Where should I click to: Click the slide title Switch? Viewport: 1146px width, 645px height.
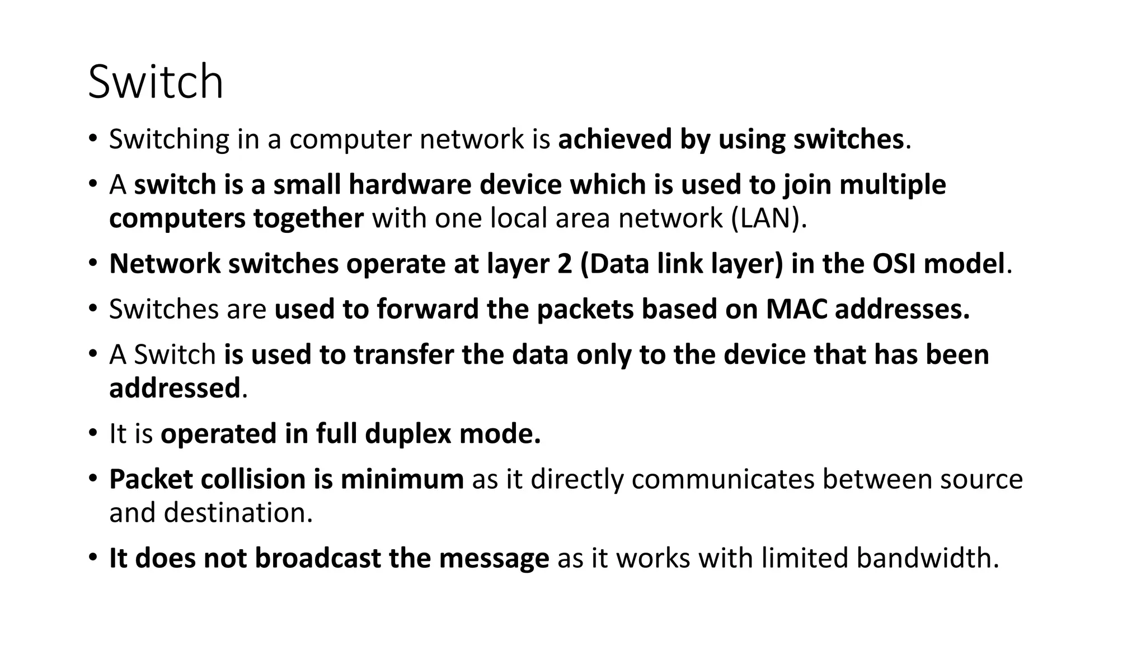pyautogui.click(x=156, y=82)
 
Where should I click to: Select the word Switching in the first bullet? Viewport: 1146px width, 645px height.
pyautogui.click(x=169, y=139)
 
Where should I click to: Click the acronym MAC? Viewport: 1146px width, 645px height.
pyautogui.click(x=796, y=310)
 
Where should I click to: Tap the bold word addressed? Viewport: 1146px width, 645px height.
pyautogui.click(x=175, y=389)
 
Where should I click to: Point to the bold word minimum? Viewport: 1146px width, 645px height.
pyautogui.click(x=402, y=480)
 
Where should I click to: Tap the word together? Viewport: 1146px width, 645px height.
pyautogui.click(x=308, y=218)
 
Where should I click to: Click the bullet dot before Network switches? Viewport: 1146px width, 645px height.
pyautogui.click(x=93, y=263)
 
